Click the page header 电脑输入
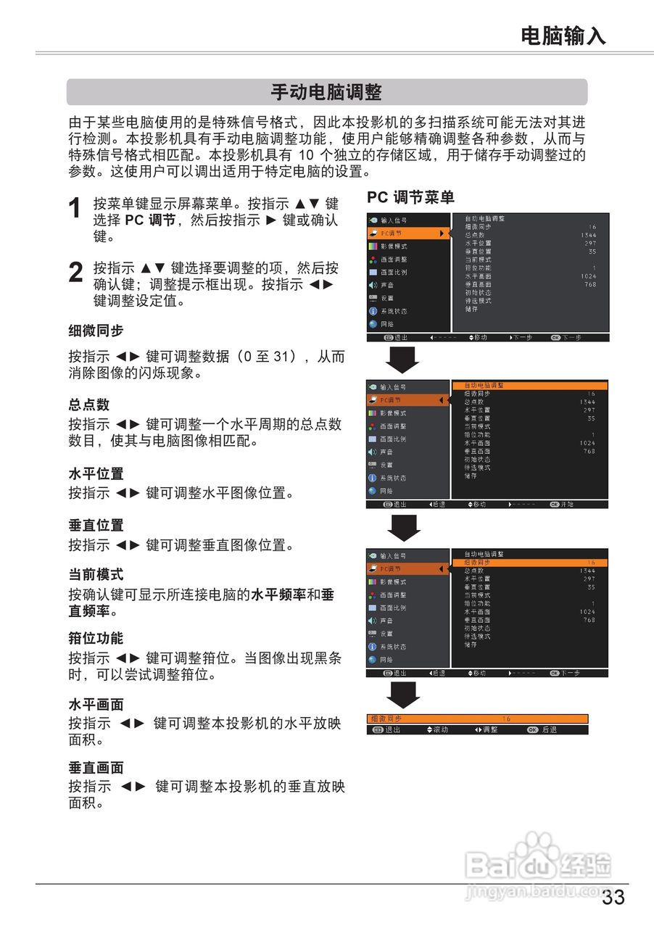[563, 36]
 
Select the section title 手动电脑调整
[326, 93]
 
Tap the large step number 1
[75, 210]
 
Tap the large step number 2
[75, 273]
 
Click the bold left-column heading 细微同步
[96, 331]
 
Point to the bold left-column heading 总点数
[89, 405]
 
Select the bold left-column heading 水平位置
[96, 473]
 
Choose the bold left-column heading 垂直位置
[96, 525]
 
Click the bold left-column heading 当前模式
[96, 574]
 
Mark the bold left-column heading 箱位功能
[96, 638]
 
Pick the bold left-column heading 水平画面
[96, 704]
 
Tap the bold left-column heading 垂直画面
[96, 767]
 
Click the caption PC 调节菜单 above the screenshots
[410, 197]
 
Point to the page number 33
[613, 898]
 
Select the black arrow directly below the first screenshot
[403, 360]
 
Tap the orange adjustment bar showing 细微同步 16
[476, 718]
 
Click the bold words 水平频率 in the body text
[278, 595]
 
